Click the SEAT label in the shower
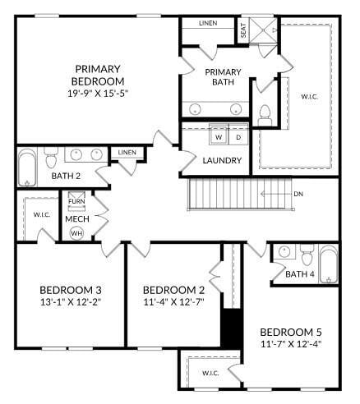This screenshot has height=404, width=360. [243, 31]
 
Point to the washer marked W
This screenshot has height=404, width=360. [219, 137]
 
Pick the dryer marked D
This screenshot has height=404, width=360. [238, 137]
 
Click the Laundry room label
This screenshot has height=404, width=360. [222, 160]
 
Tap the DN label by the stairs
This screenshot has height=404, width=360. [298, 195]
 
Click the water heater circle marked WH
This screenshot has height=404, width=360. [76, 233]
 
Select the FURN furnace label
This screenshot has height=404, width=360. [76, 202]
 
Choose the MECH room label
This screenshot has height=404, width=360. [77, 219]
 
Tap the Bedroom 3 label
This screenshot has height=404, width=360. [71, 290]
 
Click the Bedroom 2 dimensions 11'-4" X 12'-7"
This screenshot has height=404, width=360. [173, 301]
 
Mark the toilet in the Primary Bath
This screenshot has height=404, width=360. [265, 112]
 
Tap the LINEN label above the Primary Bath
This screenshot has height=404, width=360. [208, 23]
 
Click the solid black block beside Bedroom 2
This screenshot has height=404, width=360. [231, 328]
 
